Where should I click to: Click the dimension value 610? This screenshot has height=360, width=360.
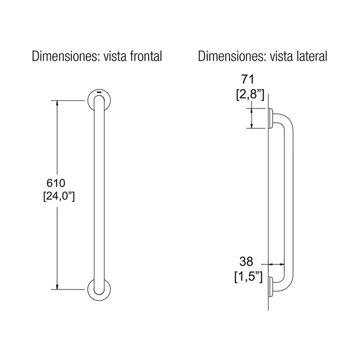(x=56, y=183)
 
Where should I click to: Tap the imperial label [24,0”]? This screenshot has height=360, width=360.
(x=59, y=196)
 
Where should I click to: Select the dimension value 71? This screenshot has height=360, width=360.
(x=248, y=80)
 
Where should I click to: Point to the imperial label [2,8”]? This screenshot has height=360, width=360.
(x=250, y=94)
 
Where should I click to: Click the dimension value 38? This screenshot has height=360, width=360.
(x=246, y=261)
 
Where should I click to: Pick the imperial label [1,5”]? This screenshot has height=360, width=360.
(x=248, y=277)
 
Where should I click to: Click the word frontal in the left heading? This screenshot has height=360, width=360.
(x=146, y=56)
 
